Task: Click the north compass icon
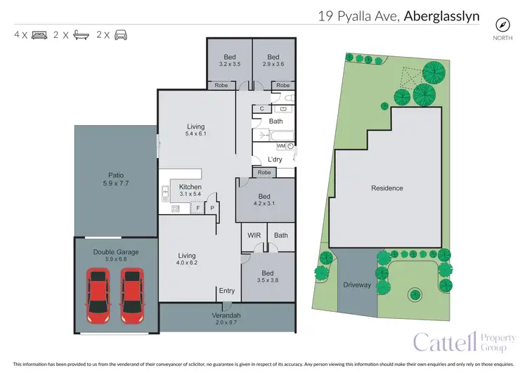coord(502,23)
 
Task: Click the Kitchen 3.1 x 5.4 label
coord(190,190)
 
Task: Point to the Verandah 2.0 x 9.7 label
coord(226,319)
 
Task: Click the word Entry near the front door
coord(227,291)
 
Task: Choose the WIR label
coord(254,235)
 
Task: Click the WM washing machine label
coord(281,146)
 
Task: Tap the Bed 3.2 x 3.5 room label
coord(230,60)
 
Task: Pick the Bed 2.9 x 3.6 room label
coord(273,60)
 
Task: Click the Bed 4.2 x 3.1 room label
coord(264,200)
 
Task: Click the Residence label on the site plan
coord(387,188)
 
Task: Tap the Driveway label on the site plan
coord(357,285)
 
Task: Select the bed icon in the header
coord(39,34)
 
